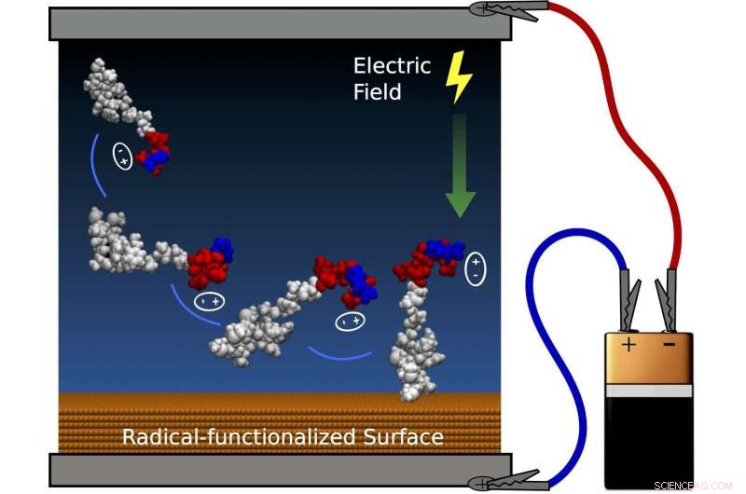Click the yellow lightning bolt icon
point(459,76)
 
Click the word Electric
point(392,65)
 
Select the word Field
point(378,91)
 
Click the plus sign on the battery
point(629,346)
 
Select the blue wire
point(541,326)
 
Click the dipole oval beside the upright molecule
point(475,267)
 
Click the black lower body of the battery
point(649,438)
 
